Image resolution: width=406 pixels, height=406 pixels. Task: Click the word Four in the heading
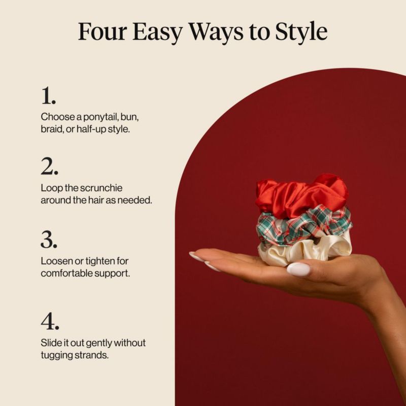(x=103, y=31)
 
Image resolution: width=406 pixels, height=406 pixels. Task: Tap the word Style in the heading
(x=301, y=32)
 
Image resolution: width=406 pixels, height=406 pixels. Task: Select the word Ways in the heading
(x=216, y=32)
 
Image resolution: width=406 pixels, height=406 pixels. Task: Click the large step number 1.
(x=48, y=96)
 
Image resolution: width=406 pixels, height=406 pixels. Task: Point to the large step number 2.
(x=49, y=166)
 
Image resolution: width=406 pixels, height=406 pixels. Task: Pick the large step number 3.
(x=49, y=240)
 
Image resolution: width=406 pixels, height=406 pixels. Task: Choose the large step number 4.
(x=50, y=321)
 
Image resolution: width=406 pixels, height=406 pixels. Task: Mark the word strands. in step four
(x=91, y=355)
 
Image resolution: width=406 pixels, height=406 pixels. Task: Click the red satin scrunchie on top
(x=301, y=195)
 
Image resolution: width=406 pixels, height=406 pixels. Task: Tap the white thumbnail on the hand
(x=298, y=269)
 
